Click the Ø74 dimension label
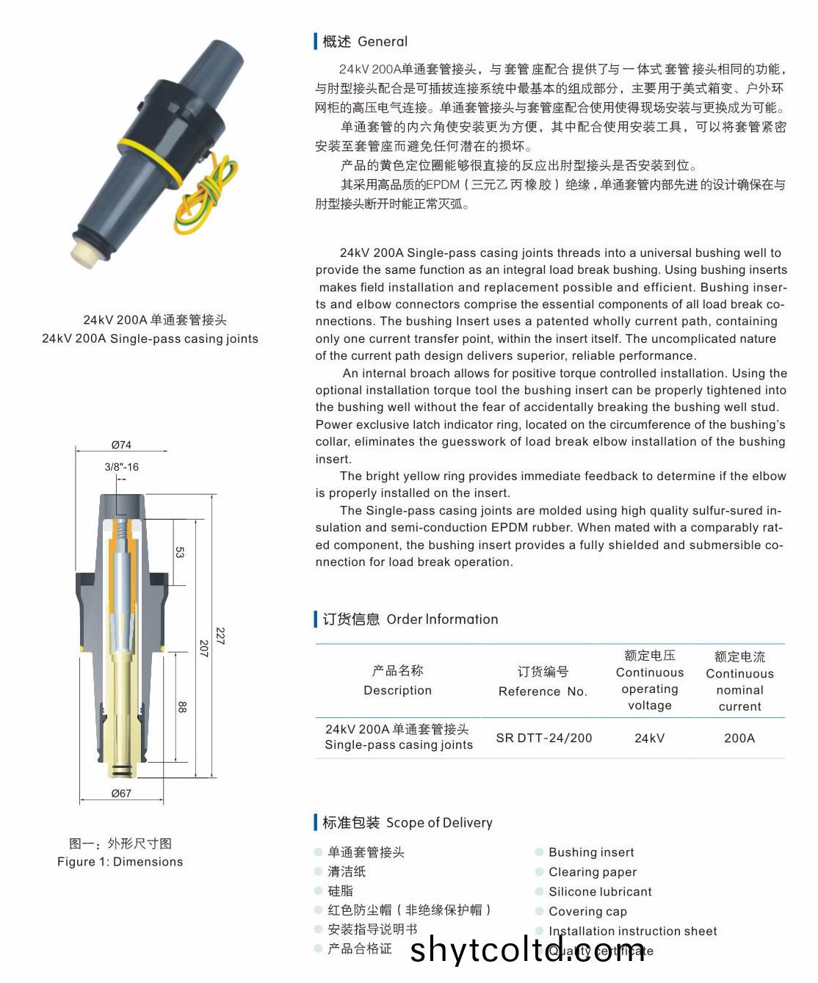coord(121,445)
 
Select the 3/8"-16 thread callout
coord(121,467)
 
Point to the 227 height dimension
coord(220,636)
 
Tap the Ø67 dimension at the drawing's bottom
coord(121,794)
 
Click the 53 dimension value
coord(180,551)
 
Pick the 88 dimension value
coord(181,707)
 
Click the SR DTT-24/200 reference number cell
coord(543,738)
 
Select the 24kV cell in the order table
coord(650,738)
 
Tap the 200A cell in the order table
coord(739,738)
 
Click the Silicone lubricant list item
coord(599,892)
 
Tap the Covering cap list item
coord(587,912)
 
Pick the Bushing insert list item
coord(590,852)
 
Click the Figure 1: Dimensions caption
coord(120,862)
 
